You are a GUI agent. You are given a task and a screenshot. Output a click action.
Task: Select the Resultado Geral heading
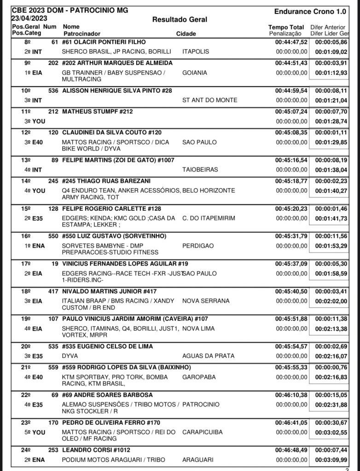180,19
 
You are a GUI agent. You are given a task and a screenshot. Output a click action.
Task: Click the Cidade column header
186,34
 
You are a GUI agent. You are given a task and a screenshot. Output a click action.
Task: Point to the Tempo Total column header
286,27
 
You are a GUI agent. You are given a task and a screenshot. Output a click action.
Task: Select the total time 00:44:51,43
291,63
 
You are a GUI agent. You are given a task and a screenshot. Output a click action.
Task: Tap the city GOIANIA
195,73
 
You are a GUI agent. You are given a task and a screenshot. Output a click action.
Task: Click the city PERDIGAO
198,246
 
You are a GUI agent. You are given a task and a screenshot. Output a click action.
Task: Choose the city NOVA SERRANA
206,301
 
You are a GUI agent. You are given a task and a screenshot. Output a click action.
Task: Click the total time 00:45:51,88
291,319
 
